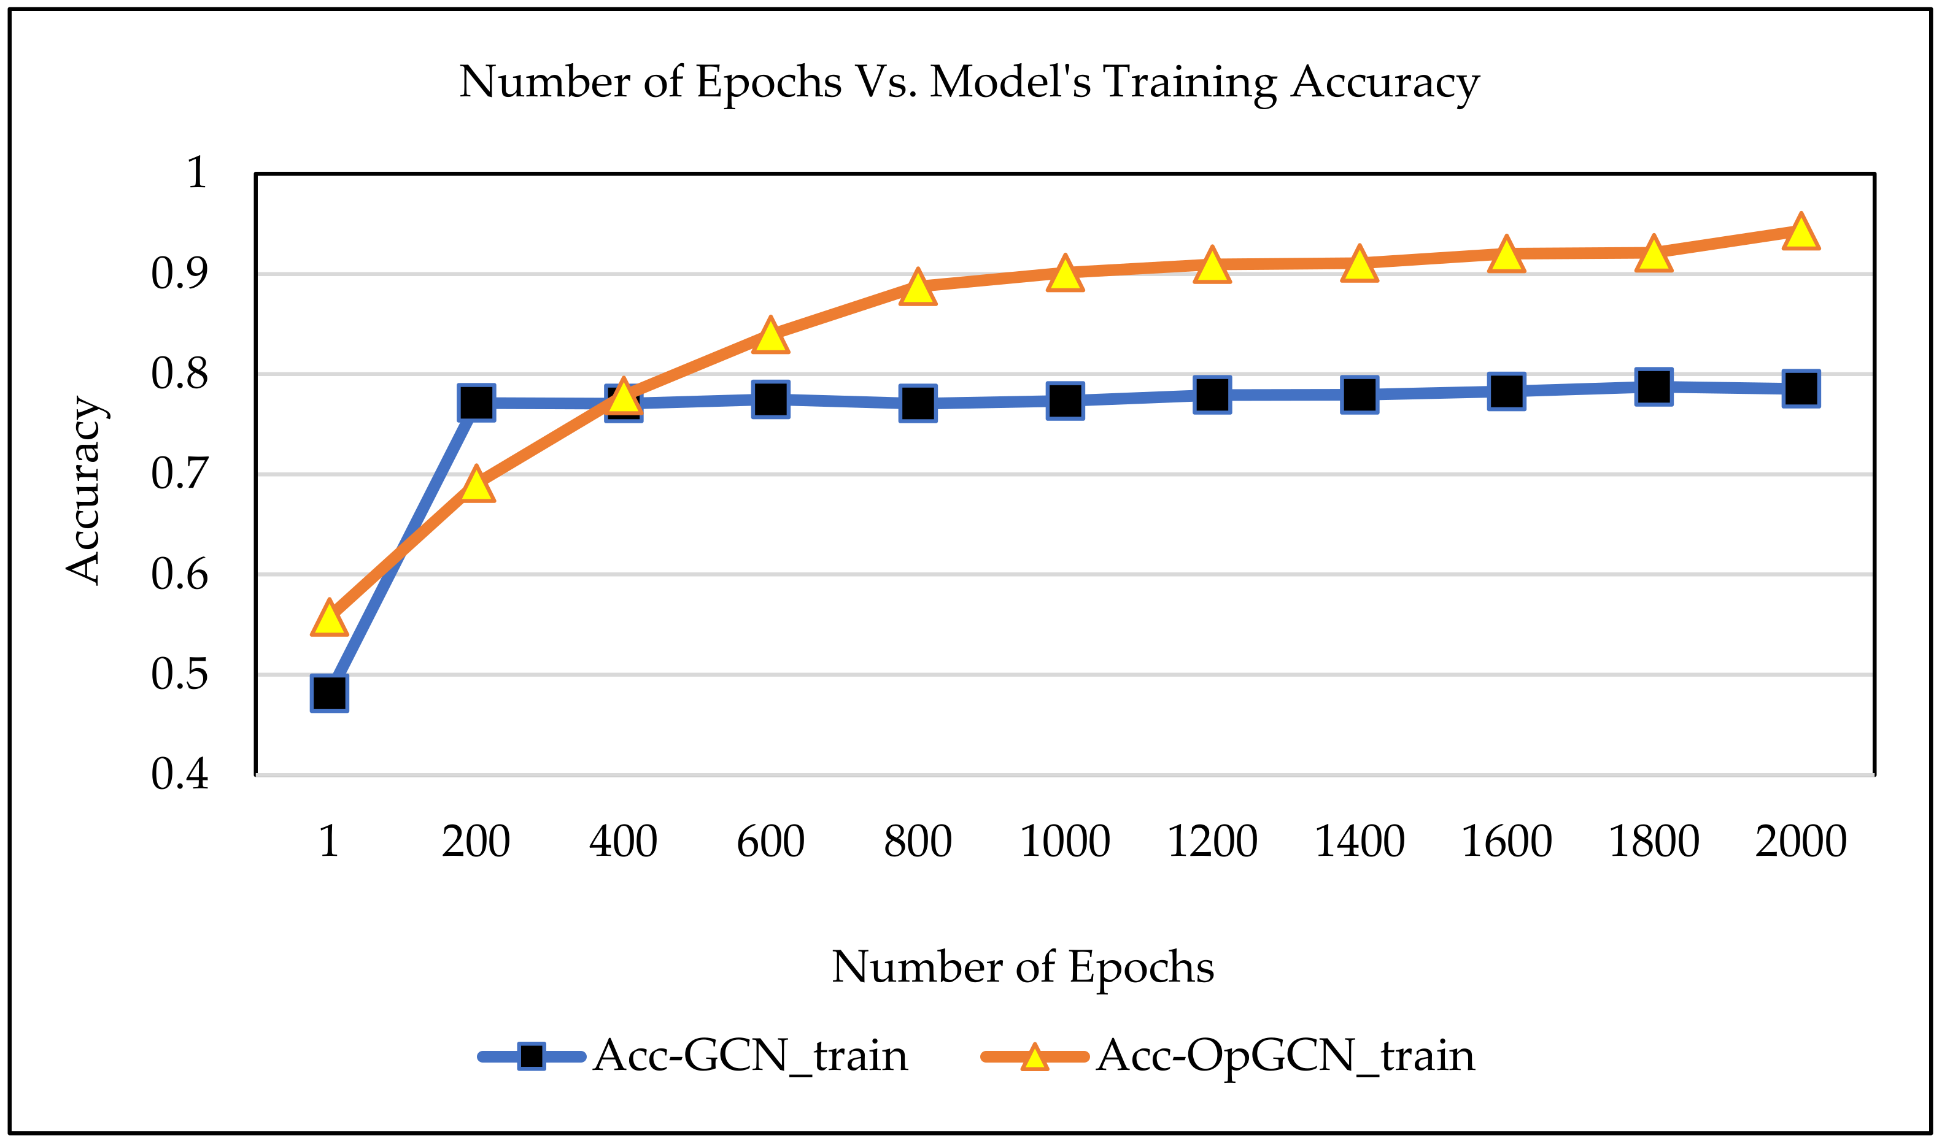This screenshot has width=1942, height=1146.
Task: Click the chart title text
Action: pos(969,82)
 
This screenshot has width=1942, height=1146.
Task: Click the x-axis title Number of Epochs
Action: pos(1022,967)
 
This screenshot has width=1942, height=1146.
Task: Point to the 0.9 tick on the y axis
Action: pos(179,274)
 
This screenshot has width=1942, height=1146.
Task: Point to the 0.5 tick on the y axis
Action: pos(179,674)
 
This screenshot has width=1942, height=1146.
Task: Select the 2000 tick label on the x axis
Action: pos(1801,842)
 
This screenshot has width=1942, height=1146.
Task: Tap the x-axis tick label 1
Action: pos(329,842)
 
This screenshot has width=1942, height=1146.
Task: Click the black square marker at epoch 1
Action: pos(329,693)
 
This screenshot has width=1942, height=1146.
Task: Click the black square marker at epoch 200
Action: pos(477,402)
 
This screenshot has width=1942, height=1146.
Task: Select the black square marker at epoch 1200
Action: pos(1212,395)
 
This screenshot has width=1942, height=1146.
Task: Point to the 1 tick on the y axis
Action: pos(196,173)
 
